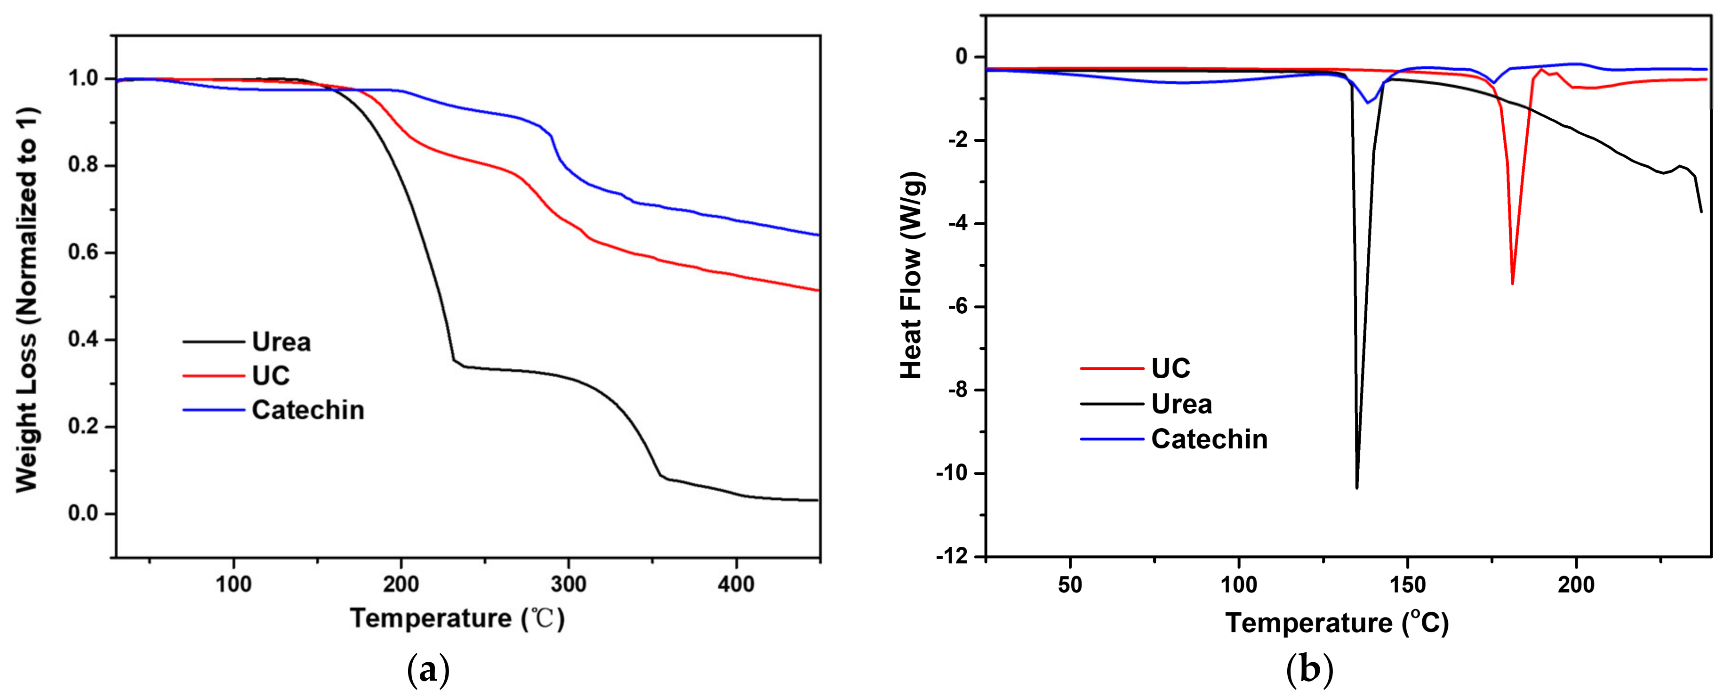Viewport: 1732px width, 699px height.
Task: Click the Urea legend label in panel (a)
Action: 281,342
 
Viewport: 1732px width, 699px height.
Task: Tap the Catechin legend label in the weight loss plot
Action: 308,410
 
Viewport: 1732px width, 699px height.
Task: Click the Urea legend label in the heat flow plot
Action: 1181,404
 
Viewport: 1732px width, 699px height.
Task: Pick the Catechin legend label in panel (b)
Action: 1209,439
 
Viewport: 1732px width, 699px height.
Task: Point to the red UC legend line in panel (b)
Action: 1111,369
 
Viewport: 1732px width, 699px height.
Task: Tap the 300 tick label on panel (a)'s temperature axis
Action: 568,584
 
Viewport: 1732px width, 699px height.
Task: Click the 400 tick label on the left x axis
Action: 736,584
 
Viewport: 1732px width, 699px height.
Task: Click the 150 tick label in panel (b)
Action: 1407,584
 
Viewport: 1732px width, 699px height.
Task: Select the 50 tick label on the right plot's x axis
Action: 1070,584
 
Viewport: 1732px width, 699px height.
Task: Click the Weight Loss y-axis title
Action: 27,300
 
